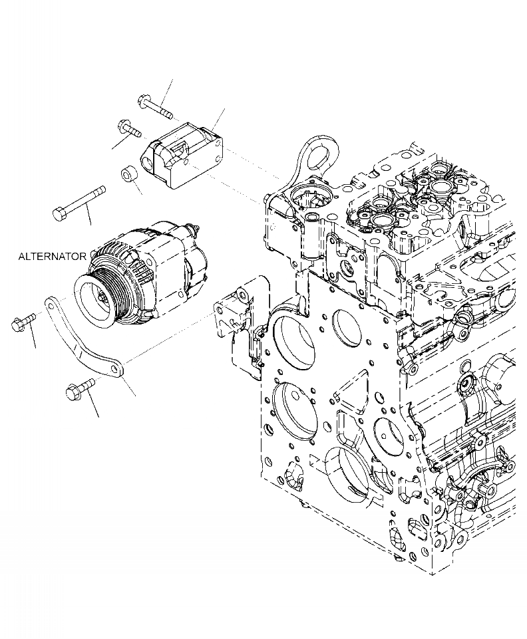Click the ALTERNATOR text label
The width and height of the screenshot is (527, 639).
[x=52, y=256]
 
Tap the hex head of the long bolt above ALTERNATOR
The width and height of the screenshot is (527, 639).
[x=58, y=213]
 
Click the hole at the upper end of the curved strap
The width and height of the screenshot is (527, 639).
[x=49, y=303]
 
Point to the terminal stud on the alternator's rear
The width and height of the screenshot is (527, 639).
[x=194, y=230]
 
